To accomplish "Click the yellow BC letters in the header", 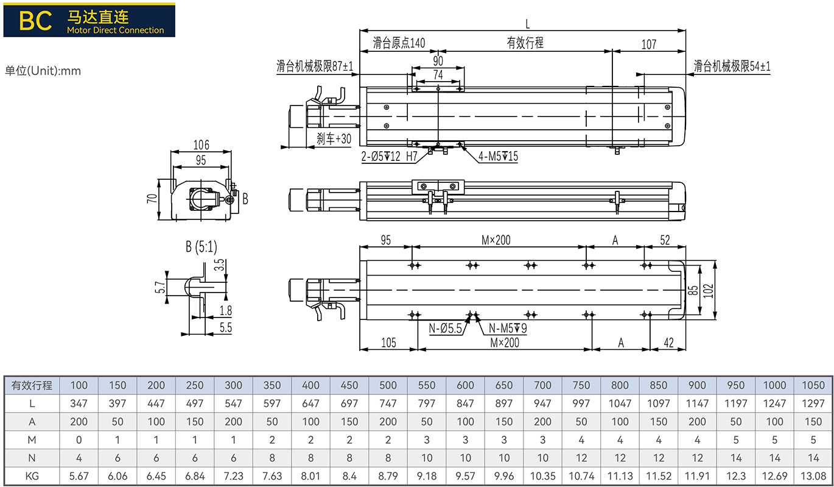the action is click(x=35, y=21).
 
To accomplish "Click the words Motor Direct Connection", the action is click(x=116, y=30).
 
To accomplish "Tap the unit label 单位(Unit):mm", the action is click(x=43, y=71).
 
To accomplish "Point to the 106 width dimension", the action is click(x=201, y=144).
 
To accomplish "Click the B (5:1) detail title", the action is click(x=201, y=246).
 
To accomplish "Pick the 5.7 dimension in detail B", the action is click(x=159, y=287).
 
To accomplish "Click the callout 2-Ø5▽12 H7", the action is click(x=390, y=156).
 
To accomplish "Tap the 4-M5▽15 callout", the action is click(x=498, y=156).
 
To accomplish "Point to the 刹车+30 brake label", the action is click(x=334, y=139).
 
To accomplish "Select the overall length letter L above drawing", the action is click(x=527, y=24).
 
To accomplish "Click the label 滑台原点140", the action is click(x=399, y=43).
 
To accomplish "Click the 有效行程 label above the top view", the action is click(x=525, y=43).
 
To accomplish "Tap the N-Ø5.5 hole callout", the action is click(x=445, y=329).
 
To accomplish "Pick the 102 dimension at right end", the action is click(x=709, y=291).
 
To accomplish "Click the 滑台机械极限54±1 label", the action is click(x=732, y=66).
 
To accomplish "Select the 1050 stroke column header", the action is click(x=813, y=385).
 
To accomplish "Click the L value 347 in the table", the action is click(x=79, y=403).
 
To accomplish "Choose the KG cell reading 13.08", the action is click(x=813, y=476).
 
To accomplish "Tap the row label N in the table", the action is click(x=32, y=458).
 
